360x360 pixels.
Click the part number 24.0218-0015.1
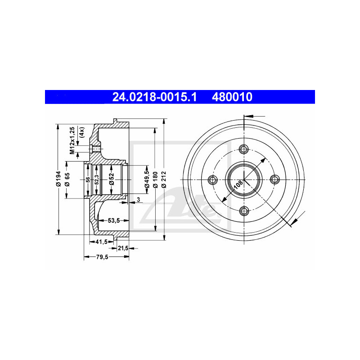coord(154,96)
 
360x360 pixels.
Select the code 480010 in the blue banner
coord(232,96)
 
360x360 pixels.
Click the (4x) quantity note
coord(82,131)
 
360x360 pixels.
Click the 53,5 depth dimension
coord(112,220)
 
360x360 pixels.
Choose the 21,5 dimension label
coord(123,248)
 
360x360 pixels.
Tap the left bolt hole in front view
coord(213,180)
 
